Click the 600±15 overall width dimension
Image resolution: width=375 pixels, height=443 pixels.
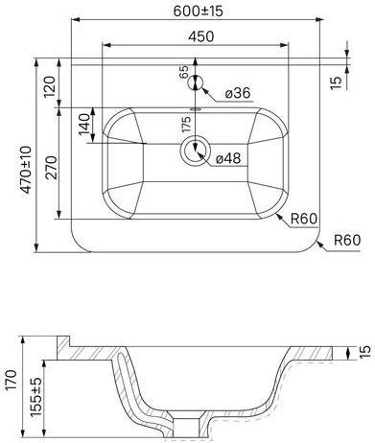[198, 11]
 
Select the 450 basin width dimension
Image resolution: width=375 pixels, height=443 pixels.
[200, 36]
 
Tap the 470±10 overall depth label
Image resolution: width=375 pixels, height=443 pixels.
[26, 170]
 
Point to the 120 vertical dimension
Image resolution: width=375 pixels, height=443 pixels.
[50, 87]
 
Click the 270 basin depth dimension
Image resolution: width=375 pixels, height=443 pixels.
[51, 168]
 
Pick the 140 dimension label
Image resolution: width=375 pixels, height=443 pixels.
[84, 125]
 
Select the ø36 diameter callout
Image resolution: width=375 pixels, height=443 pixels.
[238, 93]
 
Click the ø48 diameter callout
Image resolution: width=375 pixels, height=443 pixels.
[228, 158]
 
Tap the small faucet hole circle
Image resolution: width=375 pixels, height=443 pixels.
[195, 83]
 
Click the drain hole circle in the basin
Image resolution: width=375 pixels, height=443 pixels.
[196, 151]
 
